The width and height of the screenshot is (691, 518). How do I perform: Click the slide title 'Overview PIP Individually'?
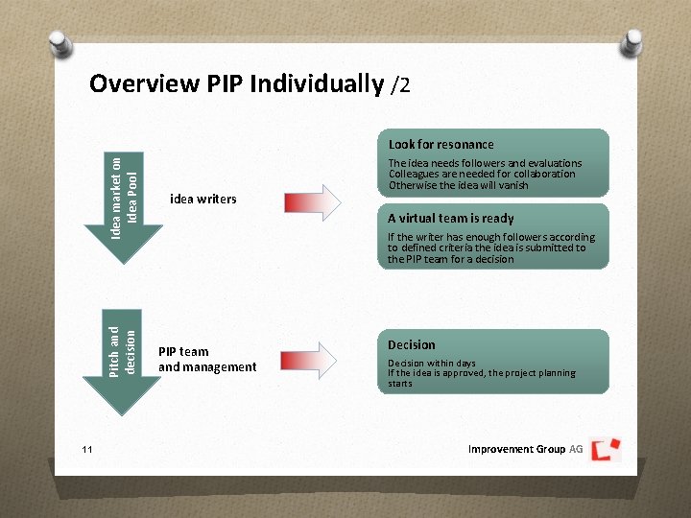236,84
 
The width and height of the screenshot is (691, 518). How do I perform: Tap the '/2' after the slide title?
401,85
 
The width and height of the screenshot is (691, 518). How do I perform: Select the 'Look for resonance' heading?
441,144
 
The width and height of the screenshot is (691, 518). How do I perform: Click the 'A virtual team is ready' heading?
450,218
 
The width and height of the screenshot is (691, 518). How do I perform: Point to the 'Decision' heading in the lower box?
411,344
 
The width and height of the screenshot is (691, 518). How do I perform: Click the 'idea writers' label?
203,200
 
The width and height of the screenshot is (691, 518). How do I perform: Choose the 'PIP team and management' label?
207,359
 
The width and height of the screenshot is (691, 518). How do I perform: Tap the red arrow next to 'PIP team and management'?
312,359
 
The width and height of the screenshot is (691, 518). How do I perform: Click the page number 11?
87,449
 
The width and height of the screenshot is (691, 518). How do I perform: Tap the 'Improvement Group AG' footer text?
525,449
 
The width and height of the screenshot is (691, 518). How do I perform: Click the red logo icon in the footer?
606,449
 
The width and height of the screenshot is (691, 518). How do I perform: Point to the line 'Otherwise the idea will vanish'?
458,185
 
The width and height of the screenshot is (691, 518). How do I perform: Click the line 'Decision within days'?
431,364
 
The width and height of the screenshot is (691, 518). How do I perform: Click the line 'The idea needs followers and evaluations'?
485,163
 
